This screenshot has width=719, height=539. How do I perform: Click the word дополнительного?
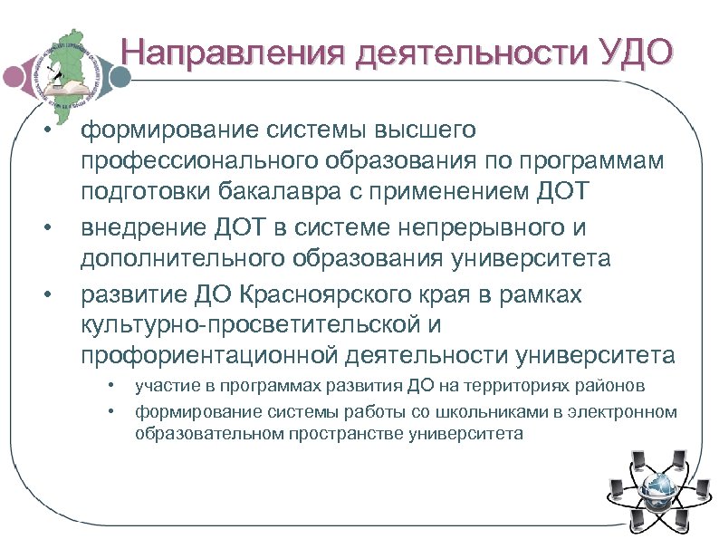click(184, 258)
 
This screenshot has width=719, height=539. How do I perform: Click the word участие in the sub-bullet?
click(167, 387)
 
